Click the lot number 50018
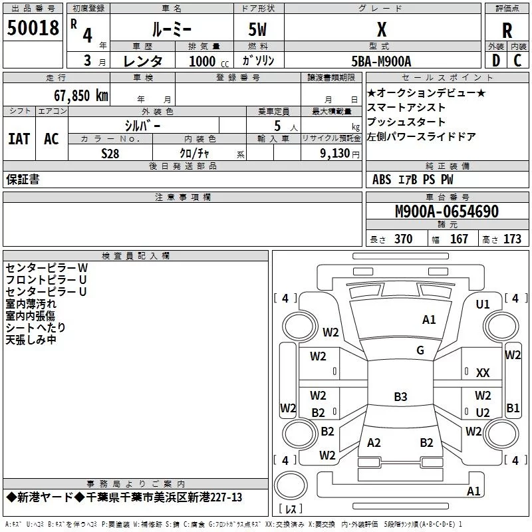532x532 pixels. tap(33, 29)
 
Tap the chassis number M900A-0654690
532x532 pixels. tap(446, 211)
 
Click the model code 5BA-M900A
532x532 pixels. tap(381, 61)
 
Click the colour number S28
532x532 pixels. tap(110, 153)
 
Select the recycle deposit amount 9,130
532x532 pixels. tap(327, 153)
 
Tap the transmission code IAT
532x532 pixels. tap(19, 138)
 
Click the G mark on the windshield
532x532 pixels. tap(420, 350)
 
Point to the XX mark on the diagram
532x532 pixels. tap(483, 373)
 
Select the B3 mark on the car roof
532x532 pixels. tap(400, 397)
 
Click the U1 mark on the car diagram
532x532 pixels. tap(483, 304)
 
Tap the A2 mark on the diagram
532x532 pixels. tap(374, 442)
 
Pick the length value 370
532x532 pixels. tap(403, 239)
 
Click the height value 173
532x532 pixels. tap(512, 239)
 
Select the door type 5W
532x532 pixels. tap(259, 30)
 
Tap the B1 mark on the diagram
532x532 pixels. tap(513, 408)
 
